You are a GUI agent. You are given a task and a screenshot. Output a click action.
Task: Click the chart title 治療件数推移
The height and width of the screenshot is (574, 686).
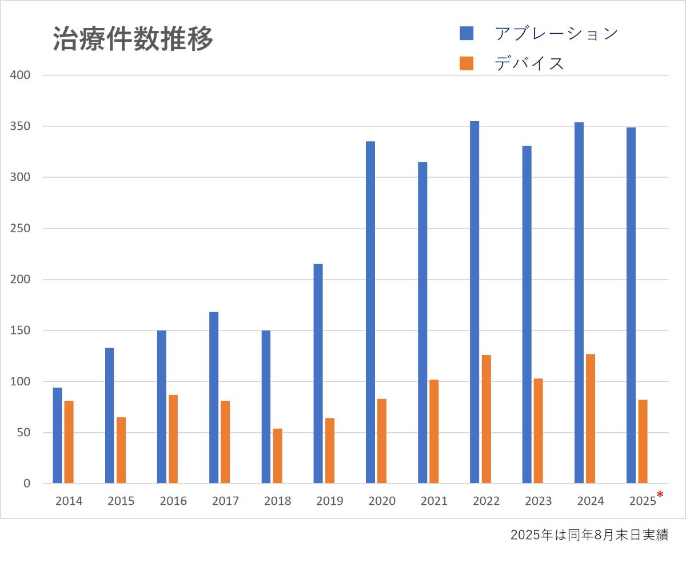pyautogui.click(x=133, y=39)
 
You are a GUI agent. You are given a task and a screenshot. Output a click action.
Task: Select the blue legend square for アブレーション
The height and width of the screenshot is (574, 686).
pyautogui.click(x=466, y=33)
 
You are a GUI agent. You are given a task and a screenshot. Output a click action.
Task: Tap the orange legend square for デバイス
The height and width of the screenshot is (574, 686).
pyautogui.click(x=466, y=63)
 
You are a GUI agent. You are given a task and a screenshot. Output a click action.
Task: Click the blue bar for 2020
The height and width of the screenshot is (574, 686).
pyautogui.click(x=370, y=312)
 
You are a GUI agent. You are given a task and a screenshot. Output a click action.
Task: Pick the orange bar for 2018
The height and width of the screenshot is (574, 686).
pyautogui.click(x=278, y=456)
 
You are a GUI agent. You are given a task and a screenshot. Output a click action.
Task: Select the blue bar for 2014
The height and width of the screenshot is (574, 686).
pyautogui.click(x=57, y=436)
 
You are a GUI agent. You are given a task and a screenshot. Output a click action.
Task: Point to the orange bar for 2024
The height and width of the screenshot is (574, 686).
pyautogui.click(x=591, y=419)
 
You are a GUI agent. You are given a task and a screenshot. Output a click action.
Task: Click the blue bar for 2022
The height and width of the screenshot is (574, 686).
pyautogui.click(x=474, y=302)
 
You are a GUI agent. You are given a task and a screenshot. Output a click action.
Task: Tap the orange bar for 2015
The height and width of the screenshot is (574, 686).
pyautogui.click(x=121, y=451)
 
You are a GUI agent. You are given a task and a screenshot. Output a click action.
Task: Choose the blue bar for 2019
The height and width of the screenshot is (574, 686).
pyautogui.click(x=318, y=374)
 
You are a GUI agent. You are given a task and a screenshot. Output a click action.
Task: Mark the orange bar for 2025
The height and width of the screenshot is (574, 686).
pyautogui.click(x=643, y=441)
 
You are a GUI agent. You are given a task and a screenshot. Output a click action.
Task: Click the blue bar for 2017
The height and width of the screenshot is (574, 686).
pyautogui.click(x=214, y=398)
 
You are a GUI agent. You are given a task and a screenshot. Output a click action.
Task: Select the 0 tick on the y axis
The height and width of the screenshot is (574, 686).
pyautogui.click(x=26, y=484)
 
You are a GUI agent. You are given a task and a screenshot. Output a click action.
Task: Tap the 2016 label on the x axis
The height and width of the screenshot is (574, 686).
pyautogui.click(x=173, y=501)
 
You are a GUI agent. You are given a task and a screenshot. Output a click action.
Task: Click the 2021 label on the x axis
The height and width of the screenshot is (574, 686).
pyautogui.click(x=434, y=501)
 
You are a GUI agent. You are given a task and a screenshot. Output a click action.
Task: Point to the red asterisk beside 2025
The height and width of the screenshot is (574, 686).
pyautogui.click(x=660, y=495)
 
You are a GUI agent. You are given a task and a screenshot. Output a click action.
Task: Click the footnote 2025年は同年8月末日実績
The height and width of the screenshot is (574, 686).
pyautogui.click(x=589, y=536)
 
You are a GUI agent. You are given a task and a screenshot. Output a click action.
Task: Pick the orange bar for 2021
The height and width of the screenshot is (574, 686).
pyautogui.click(x=434, y=432)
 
